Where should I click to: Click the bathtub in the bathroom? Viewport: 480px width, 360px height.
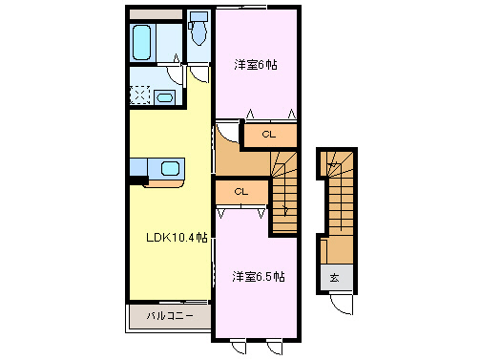(x=144, y=42)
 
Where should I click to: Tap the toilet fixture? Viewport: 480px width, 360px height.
(x=198, y=32)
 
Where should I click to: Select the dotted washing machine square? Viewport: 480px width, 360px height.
(x=140, y=95)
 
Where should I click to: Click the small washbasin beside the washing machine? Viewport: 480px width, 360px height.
(x=163, y=96)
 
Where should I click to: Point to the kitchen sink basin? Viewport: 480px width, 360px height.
(x=170, y=169)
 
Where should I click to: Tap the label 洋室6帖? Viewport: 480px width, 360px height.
(x=256, y=66)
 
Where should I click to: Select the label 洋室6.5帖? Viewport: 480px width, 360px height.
(x=258, y=276)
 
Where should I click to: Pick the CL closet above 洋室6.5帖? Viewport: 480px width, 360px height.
(x=240, y=191)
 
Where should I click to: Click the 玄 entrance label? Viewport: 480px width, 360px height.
(x=335, y=277)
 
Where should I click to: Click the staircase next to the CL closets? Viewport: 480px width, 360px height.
(x=283, y=191)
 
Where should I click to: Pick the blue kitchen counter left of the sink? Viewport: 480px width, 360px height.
(x=138, y=168)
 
